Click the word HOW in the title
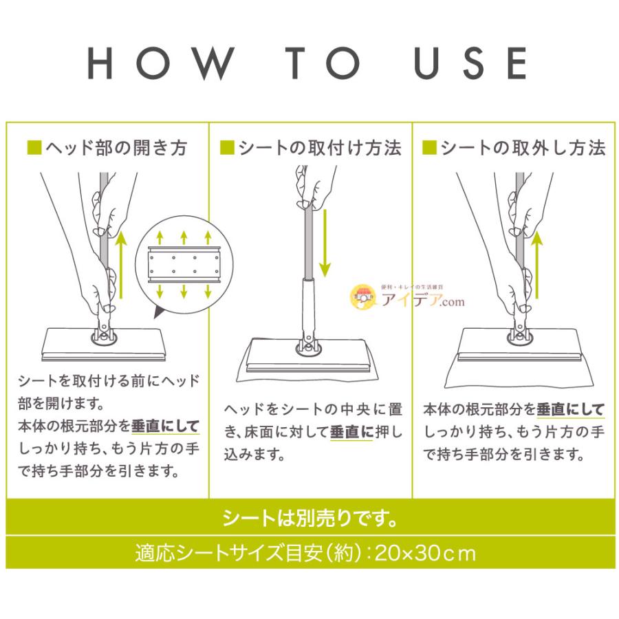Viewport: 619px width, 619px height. point(160,64)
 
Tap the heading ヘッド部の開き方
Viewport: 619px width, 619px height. point(116,148)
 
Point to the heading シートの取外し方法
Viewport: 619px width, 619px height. point(523,148)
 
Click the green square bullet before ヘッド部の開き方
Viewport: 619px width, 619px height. point(34,148)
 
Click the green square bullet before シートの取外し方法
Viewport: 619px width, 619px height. point(429,148)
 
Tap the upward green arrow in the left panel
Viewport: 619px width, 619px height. point(122,264)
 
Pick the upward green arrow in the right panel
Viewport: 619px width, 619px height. point(536,264)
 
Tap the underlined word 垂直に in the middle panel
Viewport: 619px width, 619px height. point(352,433)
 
